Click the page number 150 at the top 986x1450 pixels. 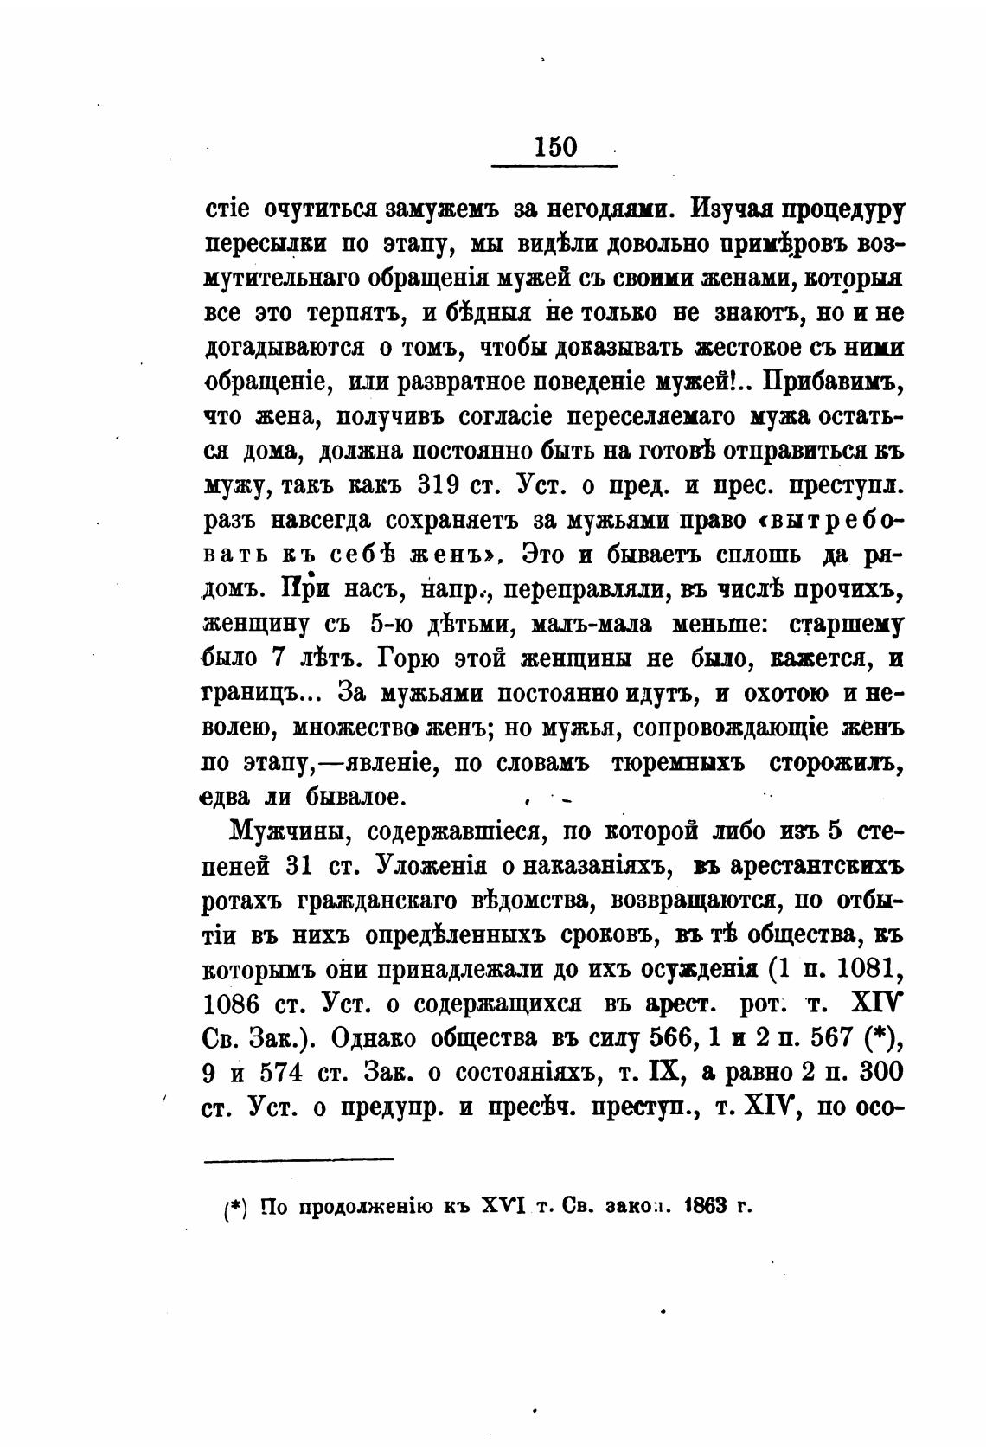pyautogui.click(x=555, y=145)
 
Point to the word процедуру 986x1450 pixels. pyautogui.click(x=842, y=209)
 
